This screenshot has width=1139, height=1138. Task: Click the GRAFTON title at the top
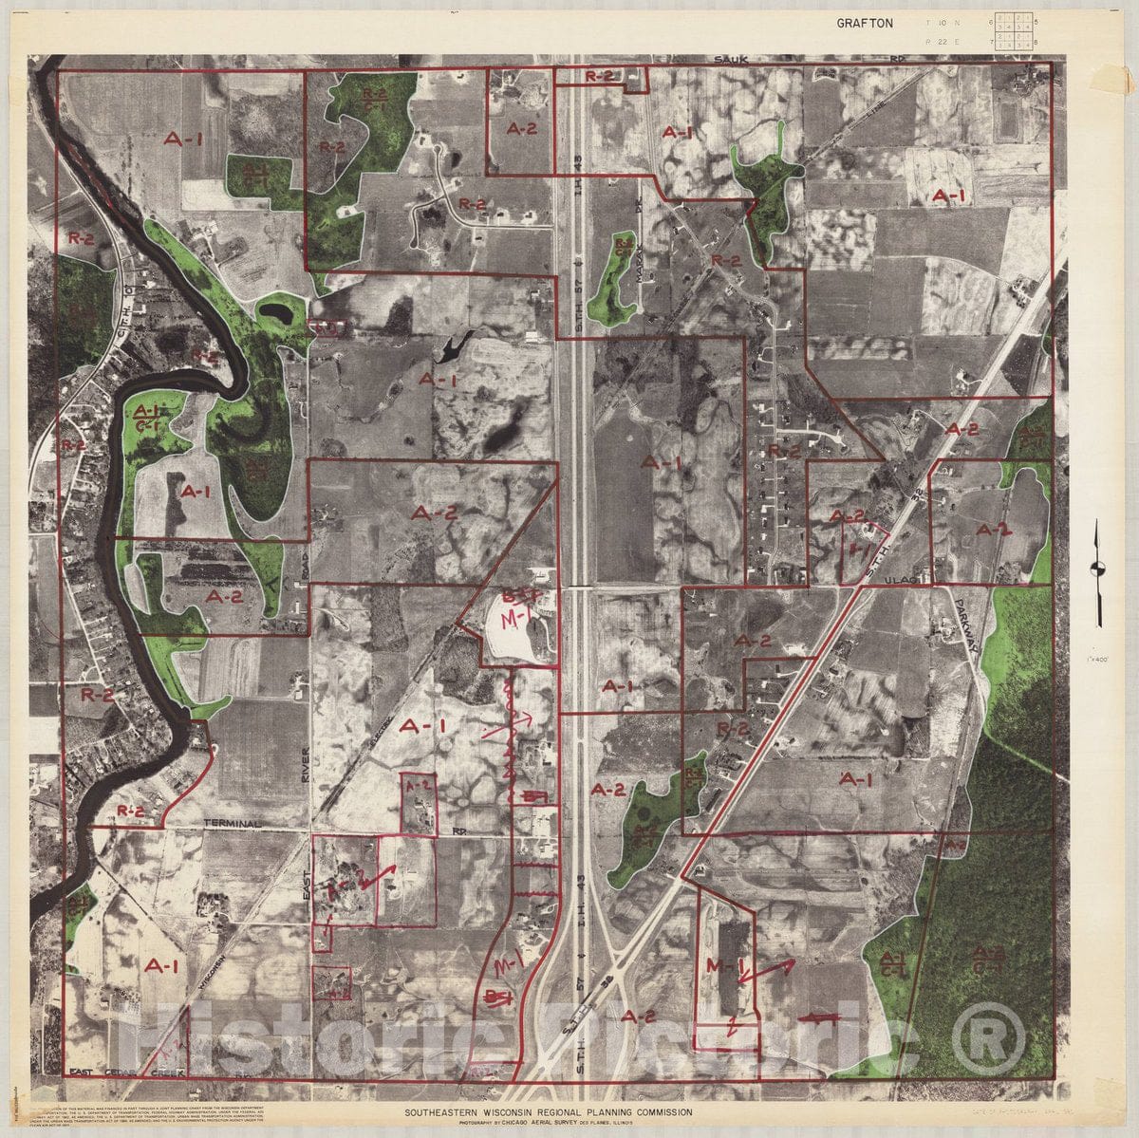coord(864,23)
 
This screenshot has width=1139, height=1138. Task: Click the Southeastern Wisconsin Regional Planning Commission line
coord(548,1111)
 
